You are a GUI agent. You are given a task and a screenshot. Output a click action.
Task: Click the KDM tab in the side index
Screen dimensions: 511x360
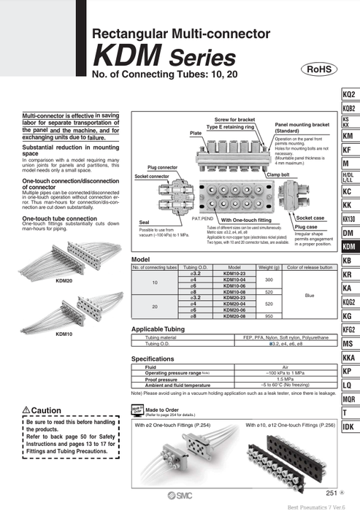pyautogui.click(x=349, y=247)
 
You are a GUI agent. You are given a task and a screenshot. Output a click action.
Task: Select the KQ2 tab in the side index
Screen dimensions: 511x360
pyautogui.click(x=349, y=95)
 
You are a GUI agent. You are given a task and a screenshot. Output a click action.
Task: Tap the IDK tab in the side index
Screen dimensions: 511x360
pyautogui.click(x=349, y=426)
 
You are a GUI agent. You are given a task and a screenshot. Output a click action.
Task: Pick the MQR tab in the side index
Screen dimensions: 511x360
pyautogui.click(x=349, y=399)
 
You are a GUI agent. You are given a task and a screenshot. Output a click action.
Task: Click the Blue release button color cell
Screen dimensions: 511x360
pyautogui.click(x=305, y=296)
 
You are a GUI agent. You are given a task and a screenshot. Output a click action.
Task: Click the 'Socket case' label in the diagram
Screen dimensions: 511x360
pyautogui.click(x=310, y=218)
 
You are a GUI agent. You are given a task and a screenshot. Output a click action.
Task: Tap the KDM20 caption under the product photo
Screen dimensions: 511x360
pyautogui.click(x=64, y=280)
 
